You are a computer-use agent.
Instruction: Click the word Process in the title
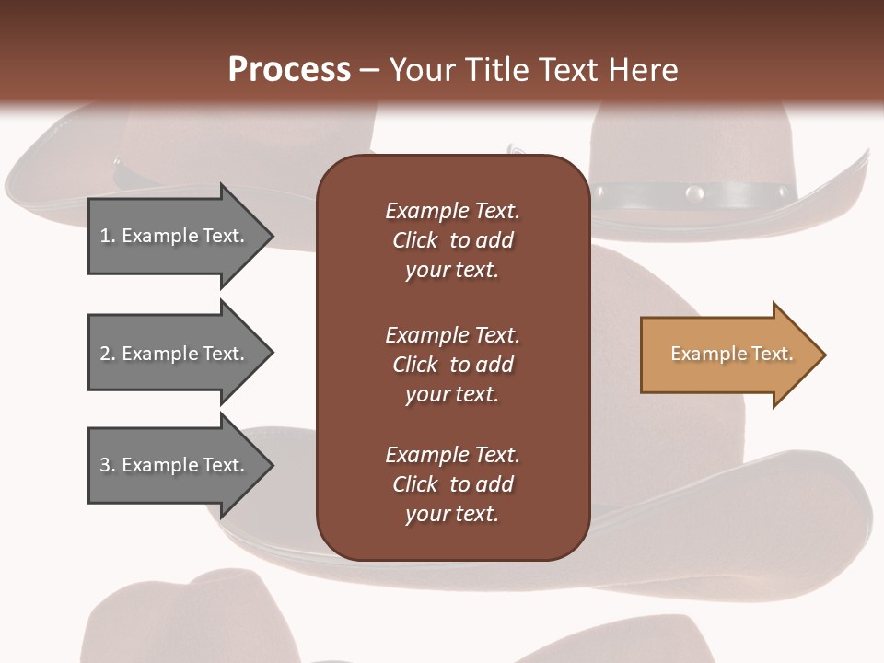[x=289, y=70]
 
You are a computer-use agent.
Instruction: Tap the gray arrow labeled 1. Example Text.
[x=175, y=236]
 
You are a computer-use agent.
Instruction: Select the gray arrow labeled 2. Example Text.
[x=175, y=354]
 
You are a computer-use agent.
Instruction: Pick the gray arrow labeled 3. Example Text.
[x=175, y=465]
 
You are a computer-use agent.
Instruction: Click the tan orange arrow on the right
[x=727, y=355]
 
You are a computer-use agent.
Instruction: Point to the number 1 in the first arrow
[x=105, y=236]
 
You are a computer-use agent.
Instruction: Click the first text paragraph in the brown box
[x=452, y=240]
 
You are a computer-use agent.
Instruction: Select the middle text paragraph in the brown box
[x=452, y=365]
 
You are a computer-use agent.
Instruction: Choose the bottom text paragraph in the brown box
[x=452, y=484]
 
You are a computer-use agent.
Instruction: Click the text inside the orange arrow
[x=731, y=354]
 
